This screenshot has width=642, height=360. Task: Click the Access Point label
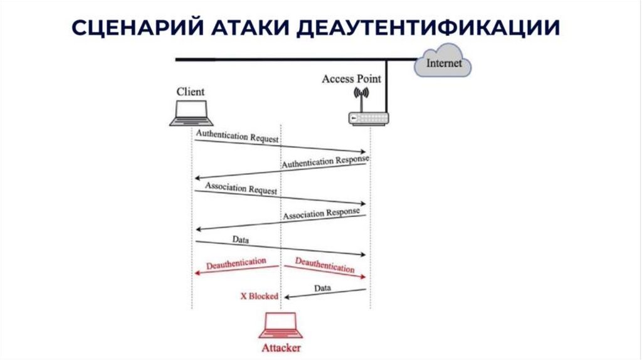pos(351,79)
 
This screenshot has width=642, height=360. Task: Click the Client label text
pos(190,92)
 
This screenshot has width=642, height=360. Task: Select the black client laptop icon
pos(191,114)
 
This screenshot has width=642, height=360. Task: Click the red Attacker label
pos(280,347)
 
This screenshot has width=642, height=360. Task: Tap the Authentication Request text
pos(237,136)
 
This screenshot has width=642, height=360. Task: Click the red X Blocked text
pos(259,296)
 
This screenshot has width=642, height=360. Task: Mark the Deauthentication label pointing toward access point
pos(324,265)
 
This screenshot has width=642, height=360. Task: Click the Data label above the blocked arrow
pos(322,288)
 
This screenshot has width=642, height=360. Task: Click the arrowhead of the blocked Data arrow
pos(287,296)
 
